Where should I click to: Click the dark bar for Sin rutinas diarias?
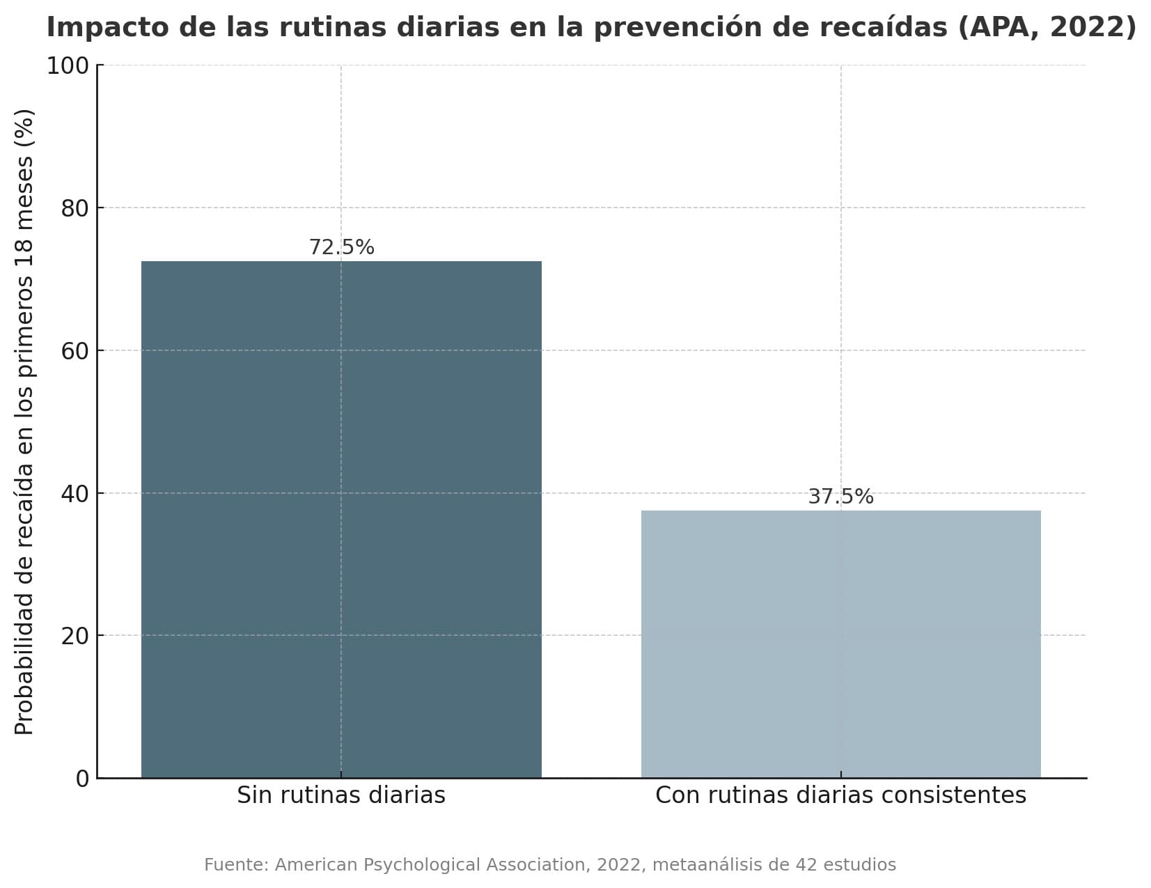point(340,519)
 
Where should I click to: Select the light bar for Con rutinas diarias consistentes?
point(840,644)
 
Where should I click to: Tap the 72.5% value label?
point(341,247)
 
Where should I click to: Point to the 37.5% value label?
point(840,497)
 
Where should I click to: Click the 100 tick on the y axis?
point(68,66)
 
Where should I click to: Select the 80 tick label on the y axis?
point(75,208)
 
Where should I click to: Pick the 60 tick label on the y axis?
point(75,351)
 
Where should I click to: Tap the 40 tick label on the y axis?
point(75,494)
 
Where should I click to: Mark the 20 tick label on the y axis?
point(75,636)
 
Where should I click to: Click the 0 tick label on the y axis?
point(82,779)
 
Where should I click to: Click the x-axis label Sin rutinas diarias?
point(340,795)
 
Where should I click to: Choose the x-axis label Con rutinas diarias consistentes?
point(840,795)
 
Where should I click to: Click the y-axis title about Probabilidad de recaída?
point(24,421)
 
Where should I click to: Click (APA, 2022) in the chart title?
point(1047,28)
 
